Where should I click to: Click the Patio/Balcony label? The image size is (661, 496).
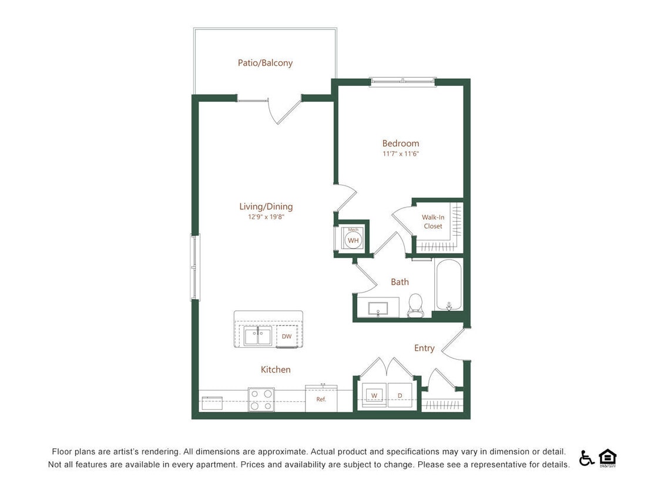pos(265,63)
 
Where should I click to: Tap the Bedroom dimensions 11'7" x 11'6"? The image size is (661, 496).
pos(400,154)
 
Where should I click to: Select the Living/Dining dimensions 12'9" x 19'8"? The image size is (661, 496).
pos(266,217)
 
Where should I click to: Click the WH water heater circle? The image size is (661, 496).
pos(353,240)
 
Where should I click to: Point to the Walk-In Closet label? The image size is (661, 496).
pos(433,222)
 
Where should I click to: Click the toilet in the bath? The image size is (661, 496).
pos(415,305)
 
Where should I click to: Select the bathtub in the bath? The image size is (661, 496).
pos(449,284)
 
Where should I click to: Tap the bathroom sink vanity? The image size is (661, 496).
pos(376,307)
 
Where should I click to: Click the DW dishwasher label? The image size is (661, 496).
pos(287,337)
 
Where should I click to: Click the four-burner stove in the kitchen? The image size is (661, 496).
pos(261,400)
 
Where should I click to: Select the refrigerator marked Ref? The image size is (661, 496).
pos(321,399)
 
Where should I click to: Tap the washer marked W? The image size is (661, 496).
pos(374,396)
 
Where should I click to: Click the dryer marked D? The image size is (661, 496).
pos(400,396)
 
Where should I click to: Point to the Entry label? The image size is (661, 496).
pos(424,348)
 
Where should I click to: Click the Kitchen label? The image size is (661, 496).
pos(276,370)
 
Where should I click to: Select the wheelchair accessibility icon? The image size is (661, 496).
pos(586,458)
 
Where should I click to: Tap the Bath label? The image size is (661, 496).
pos(400,282)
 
